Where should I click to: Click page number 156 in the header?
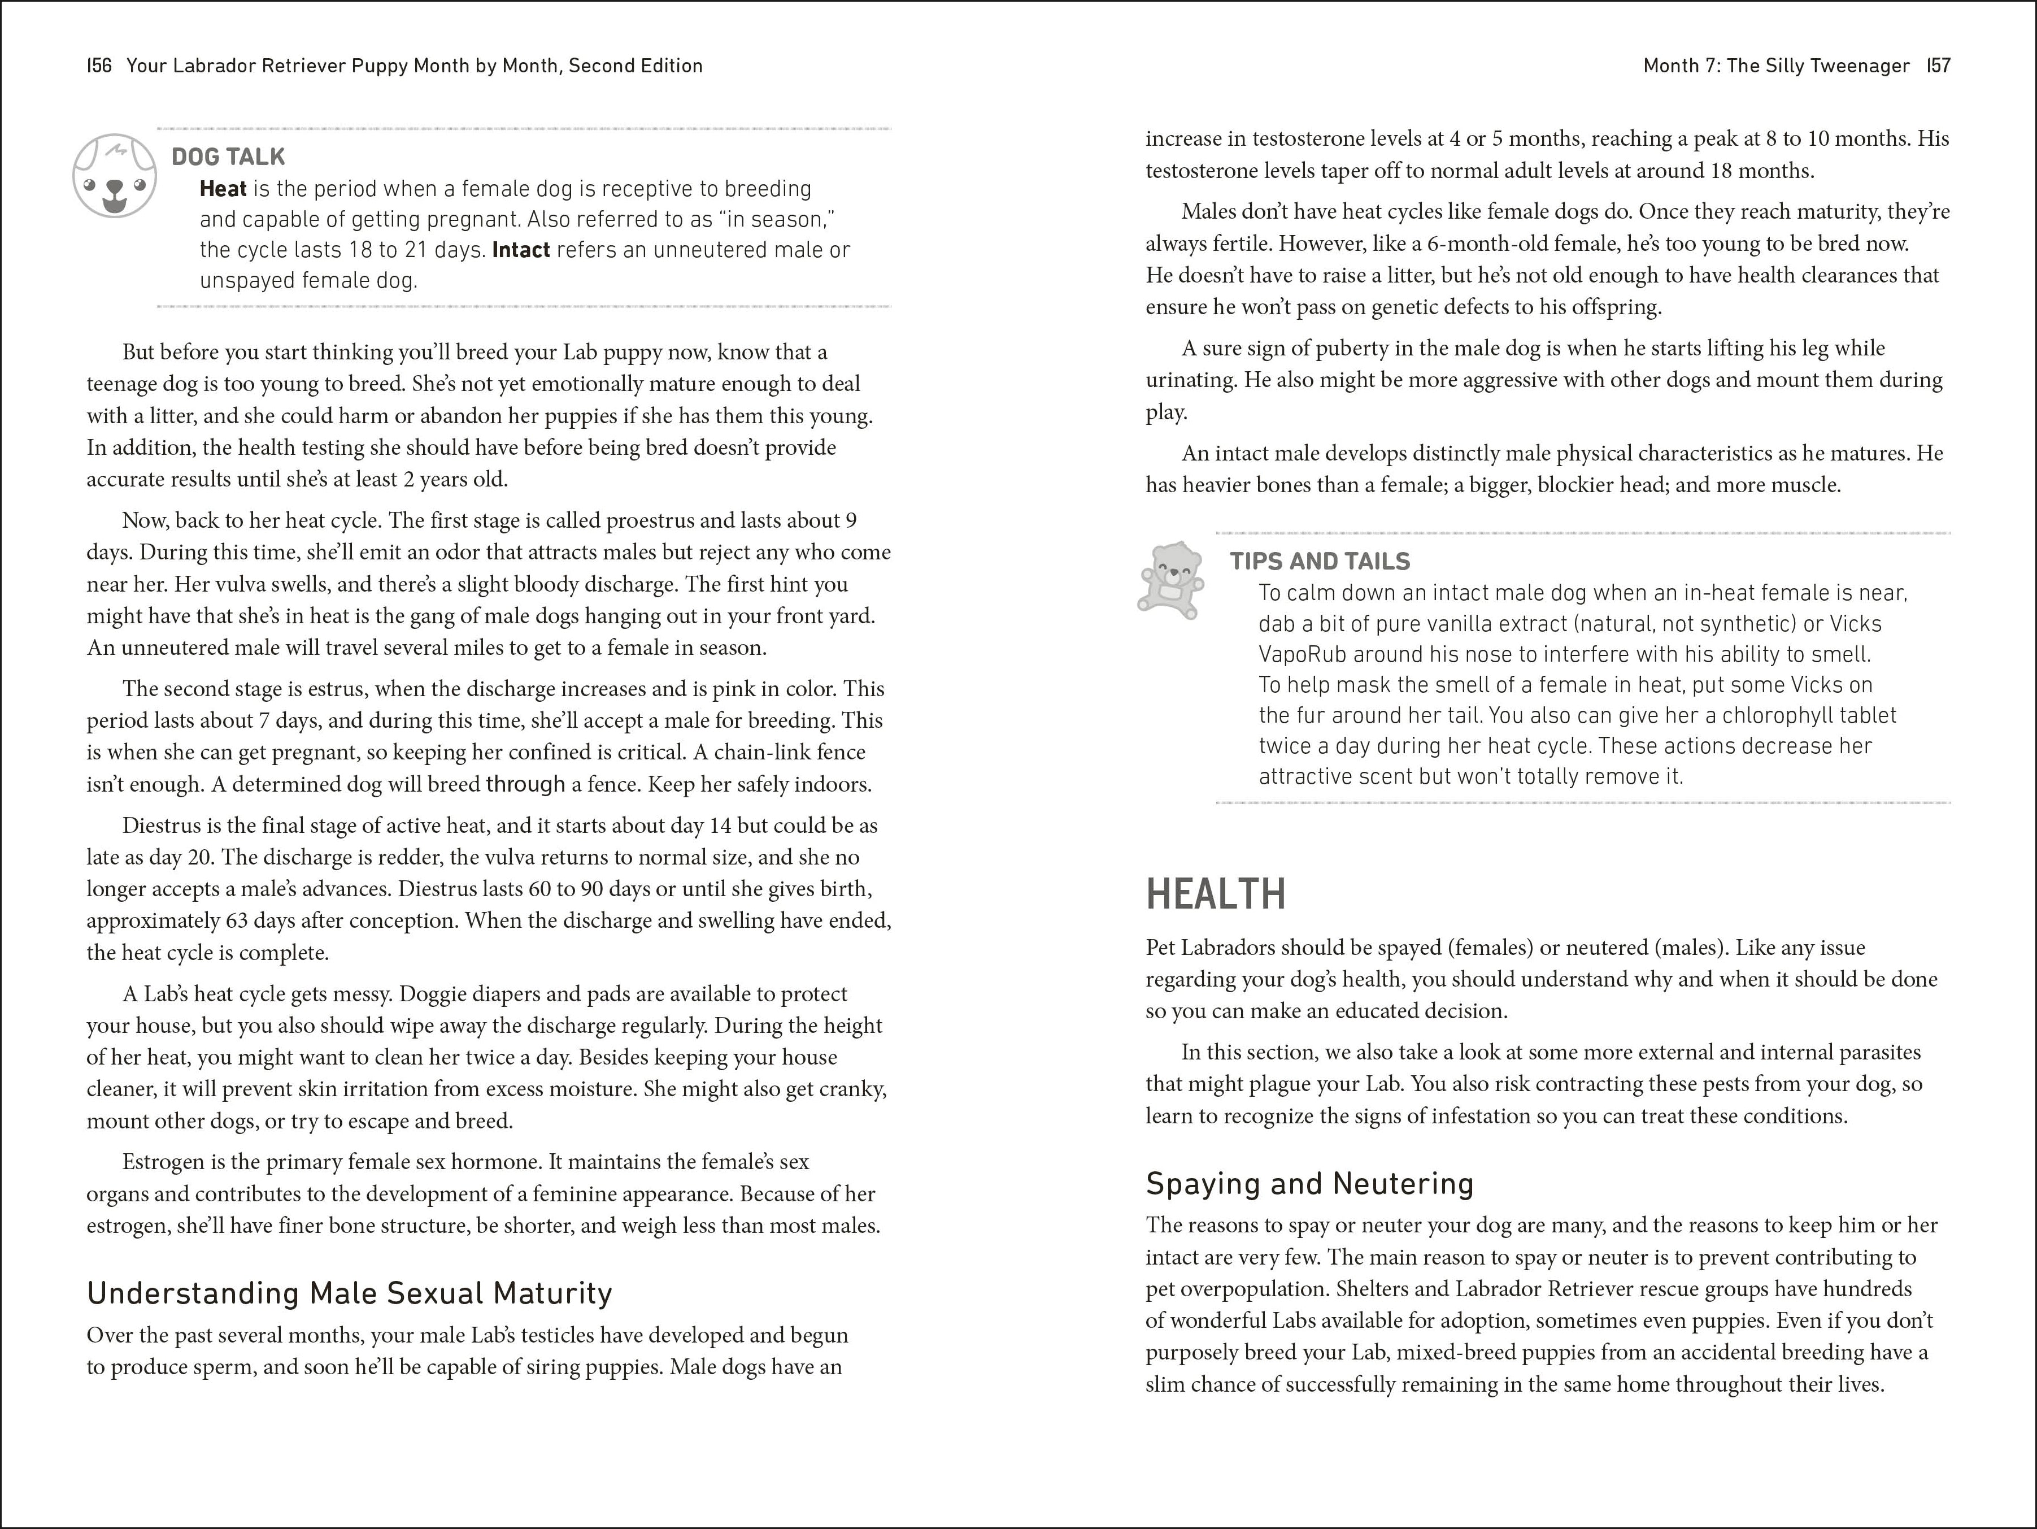[99, 66]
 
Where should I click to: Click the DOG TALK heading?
[228, 157]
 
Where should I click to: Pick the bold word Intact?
[521, 250]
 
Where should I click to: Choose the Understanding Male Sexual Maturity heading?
[349, 1293]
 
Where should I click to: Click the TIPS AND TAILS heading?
[1320, 561]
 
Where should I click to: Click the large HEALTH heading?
[1216, 893]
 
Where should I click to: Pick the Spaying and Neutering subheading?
[1309, 1184]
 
